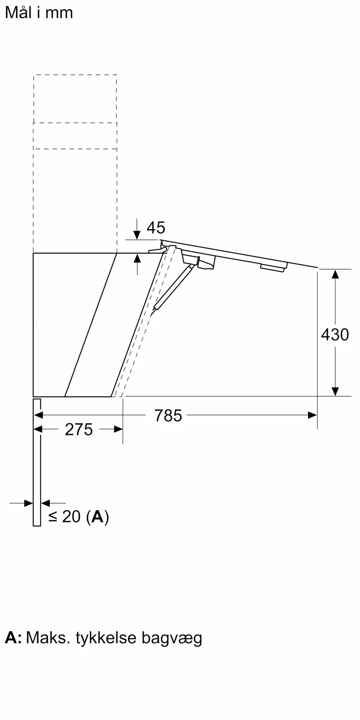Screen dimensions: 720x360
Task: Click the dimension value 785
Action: [x=168, y=416]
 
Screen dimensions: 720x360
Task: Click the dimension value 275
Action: [x=79, y=430]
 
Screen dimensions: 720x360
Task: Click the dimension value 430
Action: [x=335, y=335]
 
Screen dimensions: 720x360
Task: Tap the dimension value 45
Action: [x=156, y=228]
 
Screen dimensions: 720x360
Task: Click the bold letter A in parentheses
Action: [x=97, y=517]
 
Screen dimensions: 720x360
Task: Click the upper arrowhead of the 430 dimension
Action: [x=335, y=274]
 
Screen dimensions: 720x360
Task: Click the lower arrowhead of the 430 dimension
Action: [x=335, y=391]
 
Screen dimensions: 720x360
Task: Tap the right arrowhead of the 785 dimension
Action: [x=312, y=415]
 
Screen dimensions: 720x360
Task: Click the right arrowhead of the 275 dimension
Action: [x=118, y=429]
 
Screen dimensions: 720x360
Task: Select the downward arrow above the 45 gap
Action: [x=137, y=234]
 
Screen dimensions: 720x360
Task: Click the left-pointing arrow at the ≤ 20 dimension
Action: [x=46, y=503]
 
